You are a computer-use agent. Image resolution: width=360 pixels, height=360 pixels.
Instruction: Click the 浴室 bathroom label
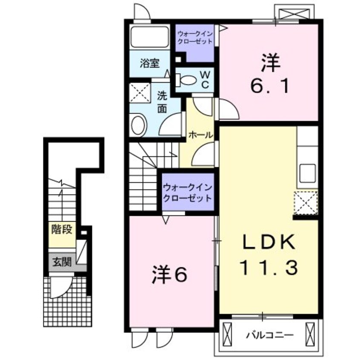(x=150, y=63)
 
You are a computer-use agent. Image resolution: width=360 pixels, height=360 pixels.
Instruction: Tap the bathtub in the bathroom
(x=150, y=37)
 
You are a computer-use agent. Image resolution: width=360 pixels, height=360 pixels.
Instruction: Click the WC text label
(x=205, y=80)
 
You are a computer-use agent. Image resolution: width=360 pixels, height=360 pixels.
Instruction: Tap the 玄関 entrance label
(x=62, y=262)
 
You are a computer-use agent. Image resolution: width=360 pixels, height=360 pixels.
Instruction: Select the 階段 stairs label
(x=62, y=229)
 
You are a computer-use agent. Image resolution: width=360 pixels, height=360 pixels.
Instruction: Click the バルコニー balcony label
(x=270, y=335)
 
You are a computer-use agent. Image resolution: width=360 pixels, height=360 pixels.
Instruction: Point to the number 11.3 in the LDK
(x=269, y=268)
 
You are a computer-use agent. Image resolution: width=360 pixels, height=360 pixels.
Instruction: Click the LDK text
(x=269, y=242)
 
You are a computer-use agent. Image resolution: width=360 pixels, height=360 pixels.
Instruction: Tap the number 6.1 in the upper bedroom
(x=269, y=86)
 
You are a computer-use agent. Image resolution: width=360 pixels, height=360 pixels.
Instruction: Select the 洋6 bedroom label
(x=169, y=274)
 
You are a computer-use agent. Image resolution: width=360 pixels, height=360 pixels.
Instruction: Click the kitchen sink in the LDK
(x=308, y=173)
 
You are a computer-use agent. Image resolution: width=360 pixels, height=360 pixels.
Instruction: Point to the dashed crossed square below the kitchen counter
(x=306, y=203)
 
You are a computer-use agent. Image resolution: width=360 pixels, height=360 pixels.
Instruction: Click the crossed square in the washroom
(x=140, y=93)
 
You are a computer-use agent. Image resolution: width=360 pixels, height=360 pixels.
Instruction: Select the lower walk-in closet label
(x=188, y=193)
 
